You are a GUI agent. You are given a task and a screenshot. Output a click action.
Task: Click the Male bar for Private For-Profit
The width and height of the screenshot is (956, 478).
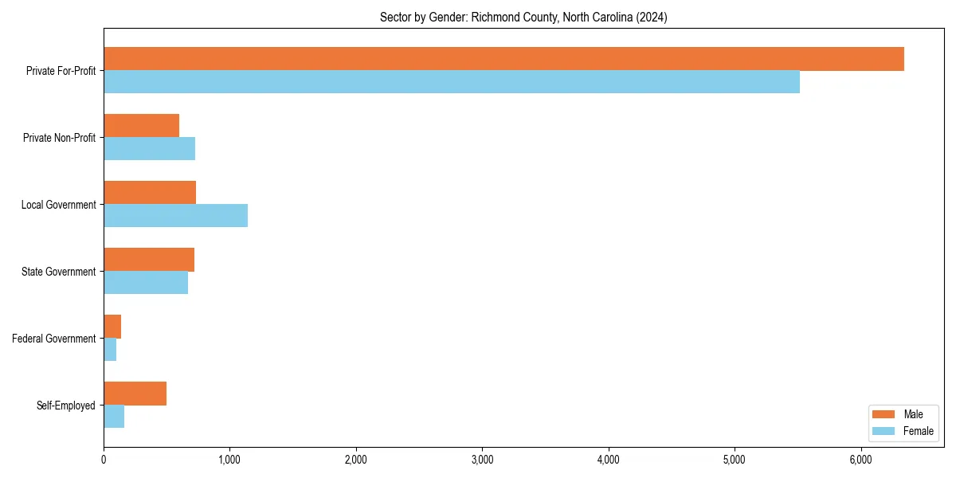503,59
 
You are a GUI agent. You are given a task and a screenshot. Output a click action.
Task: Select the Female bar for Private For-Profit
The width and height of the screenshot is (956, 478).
452,82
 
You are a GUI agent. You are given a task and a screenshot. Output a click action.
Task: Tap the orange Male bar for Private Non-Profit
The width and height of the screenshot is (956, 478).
141,126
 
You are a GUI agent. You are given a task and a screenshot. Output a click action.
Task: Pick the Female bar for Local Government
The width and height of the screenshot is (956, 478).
175,216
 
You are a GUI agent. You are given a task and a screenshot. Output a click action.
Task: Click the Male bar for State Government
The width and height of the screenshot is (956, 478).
149,260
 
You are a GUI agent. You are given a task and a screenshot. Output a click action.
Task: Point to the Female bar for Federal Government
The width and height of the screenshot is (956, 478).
110,350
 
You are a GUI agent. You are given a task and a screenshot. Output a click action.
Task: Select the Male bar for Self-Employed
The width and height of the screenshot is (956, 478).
135,394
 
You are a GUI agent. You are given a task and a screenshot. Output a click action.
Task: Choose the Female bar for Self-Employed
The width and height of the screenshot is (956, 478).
114,417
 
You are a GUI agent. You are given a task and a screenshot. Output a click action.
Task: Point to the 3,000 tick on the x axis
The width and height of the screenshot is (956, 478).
482,460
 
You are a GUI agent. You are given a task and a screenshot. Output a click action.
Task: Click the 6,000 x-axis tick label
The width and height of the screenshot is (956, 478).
860,460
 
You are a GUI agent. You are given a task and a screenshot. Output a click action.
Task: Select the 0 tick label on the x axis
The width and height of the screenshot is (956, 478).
104,460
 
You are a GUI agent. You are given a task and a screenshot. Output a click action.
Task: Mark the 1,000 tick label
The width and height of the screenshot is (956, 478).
229,460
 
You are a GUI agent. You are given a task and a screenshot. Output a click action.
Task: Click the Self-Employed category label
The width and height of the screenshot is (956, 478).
66,406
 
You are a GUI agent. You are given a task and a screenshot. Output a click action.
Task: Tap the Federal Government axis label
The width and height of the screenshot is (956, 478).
54,339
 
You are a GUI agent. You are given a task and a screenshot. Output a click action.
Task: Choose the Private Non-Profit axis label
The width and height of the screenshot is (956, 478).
59,138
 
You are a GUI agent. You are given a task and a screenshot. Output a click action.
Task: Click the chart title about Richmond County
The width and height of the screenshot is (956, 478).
523,17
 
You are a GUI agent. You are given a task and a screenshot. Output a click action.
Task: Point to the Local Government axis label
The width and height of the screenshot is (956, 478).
58,205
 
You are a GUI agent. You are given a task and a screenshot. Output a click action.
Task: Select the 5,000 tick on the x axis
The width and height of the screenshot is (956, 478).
735,460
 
